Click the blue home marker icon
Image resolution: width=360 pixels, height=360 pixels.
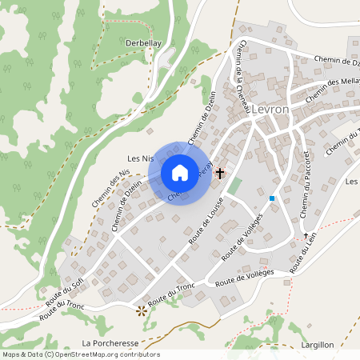pyautogui.click(x=180, y=172)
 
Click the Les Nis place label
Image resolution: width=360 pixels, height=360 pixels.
pyautogui.click(x=140, y=158)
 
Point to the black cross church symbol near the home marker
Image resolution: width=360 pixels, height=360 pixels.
pyautogui.click(x=220, y=172)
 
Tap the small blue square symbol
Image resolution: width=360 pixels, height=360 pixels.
pyautogui.click(x=272, y=198)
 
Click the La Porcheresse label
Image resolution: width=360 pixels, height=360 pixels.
pyautogui.click(x=110, y=343)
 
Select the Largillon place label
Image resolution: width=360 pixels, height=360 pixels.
pyautogui.click(x=318, y=344)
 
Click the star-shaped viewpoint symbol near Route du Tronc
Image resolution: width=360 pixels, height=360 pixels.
pyautogui.click(x=142, y=310)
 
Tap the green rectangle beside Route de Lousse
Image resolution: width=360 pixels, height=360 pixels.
pyautogui.click(x=234, y=186)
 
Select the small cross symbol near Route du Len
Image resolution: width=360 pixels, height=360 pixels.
pyautogui.click(x=306, y=235)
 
